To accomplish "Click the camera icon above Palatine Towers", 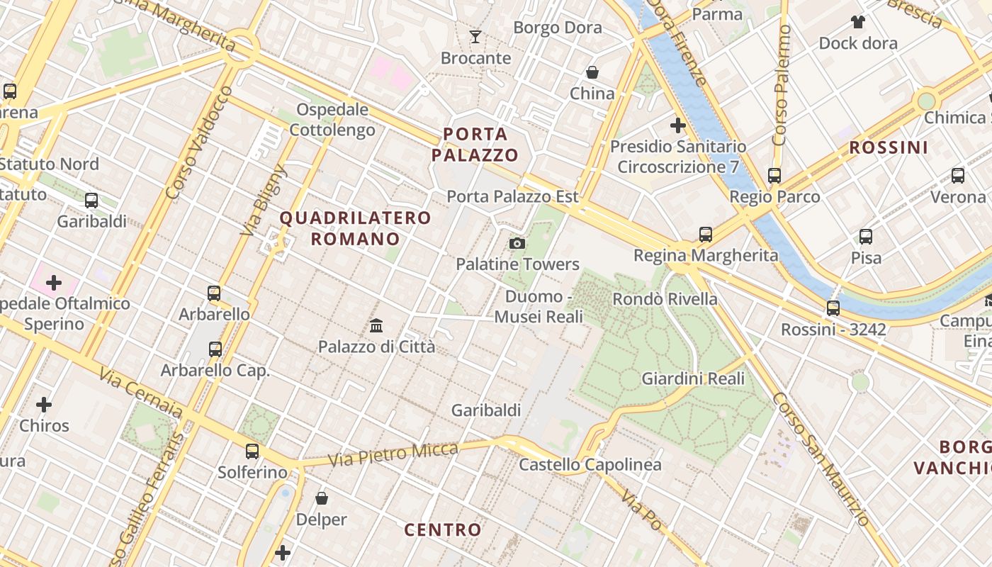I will [x=517, y=244].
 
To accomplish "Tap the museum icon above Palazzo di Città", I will [x=376, y=326].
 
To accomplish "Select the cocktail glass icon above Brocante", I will [x=475, y=36].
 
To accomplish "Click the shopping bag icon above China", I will [x=592, y=72].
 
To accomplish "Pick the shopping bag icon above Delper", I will [x=322, y=498].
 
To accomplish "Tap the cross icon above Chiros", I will [x=44, y=405].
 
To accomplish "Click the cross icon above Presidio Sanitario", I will [x=678, y=125].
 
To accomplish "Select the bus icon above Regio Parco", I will [x=774, y=175].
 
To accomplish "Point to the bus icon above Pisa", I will [x=866, y=237].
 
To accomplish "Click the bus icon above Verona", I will [x=958, y=175].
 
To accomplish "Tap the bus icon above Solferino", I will [x=252, y=451].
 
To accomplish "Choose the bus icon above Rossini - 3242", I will [x=833, y=308].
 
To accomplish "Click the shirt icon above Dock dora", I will [x=858, y=22].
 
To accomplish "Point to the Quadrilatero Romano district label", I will [x=356, y=228].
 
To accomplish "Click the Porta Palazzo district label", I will [x=475, y=145].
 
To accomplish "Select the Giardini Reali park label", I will [x=693, y=378].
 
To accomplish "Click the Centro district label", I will [x=443, y=529].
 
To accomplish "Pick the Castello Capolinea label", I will [x=590, y=465].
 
